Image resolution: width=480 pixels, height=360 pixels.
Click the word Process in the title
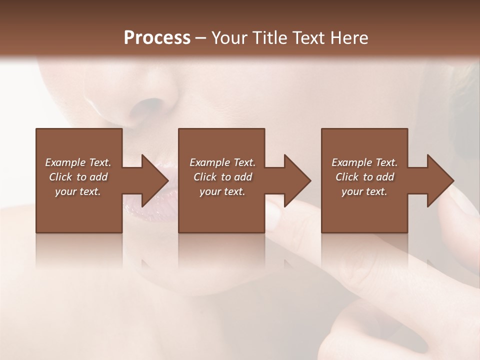click(157, 38)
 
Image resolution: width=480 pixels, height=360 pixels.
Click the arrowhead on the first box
click(152, 180)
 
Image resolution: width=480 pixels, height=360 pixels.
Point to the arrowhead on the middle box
click(295, 180)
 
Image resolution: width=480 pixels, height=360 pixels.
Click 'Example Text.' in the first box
click(78, 162)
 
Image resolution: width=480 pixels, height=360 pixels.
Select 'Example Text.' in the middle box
click(222, 162)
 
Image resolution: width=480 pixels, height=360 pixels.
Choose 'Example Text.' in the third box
click(364, 162)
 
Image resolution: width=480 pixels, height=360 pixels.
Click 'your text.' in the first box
click(78, 191)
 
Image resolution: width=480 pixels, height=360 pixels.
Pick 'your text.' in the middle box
click(222, 191)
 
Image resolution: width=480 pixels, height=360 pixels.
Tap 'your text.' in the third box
click(364, 191)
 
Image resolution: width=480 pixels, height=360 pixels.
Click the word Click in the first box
click(60, 177)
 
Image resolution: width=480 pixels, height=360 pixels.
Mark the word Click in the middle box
click(205, 177)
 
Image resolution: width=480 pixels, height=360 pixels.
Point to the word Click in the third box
click(347, 177)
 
